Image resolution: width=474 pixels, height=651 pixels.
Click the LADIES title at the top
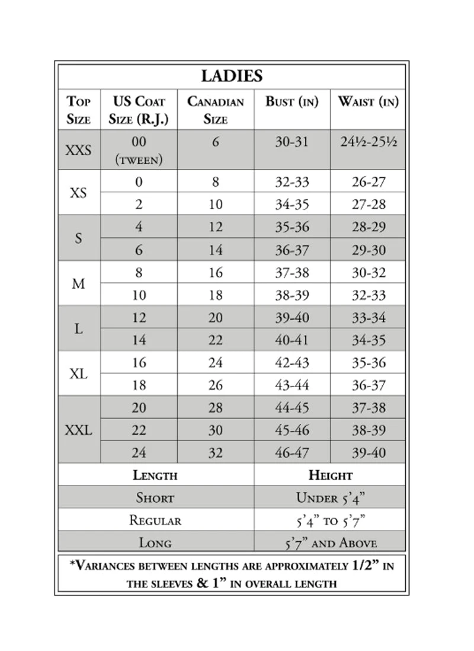click(232, 76)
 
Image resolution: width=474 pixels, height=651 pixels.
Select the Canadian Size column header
click(216, 110)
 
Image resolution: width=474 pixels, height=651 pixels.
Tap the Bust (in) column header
click(292, 101)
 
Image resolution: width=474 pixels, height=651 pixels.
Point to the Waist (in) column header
click(368, 101)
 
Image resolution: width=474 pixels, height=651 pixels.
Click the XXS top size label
click(79, 149)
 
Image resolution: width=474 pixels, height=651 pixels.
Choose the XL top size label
click(79, 374)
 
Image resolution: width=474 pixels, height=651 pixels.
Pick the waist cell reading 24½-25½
click(368, 142)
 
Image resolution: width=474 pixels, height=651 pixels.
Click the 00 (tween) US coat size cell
click(139, 149)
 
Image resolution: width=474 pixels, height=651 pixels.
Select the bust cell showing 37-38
click(292, 272)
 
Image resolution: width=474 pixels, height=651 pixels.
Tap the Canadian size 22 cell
click(216, 340)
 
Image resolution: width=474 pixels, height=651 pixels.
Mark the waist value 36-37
click(368, 385)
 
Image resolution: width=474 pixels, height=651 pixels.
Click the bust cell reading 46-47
click(292, 452)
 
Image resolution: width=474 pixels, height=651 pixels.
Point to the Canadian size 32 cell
click(216, 452)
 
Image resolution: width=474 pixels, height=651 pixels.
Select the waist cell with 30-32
click(368, 272)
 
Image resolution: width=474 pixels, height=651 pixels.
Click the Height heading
click(330, 475)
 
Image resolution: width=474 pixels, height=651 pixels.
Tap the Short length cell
click(155, 497)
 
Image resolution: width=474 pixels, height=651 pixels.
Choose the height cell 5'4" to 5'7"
click(330, 521)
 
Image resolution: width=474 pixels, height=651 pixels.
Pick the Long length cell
click(155, 542)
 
